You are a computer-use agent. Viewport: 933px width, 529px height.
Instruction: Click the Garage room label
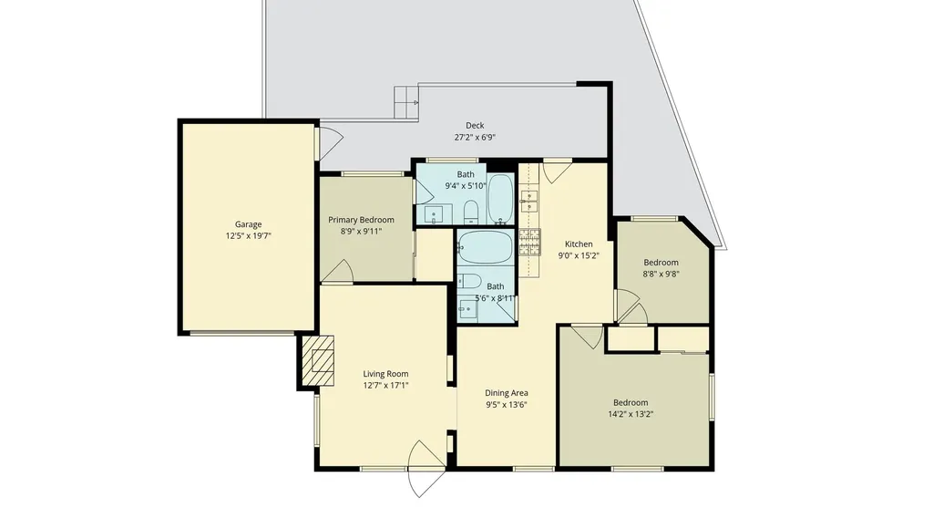249,224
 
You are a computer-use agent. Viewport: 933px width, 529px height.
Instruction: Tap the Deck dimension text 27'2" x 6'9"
475,138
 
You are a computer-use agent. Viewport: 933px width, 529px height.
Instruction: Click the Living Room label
385,374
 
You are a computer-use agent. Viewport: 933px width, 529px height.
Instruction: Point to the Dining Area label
507,393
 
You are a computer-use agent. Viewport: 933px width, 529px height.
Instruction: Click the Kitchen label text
579,244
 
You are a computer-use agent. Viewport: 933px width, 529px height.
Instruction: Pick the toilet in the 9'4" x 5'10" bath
470,213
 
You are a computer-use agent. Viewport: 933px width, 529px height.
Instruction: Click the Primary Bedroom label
361,220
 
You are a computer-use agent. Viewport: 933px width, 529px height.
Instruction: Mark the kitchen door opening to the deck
557,171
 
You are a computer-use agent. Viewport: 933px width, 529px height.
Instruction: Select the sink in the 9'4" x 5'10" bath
436,215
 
